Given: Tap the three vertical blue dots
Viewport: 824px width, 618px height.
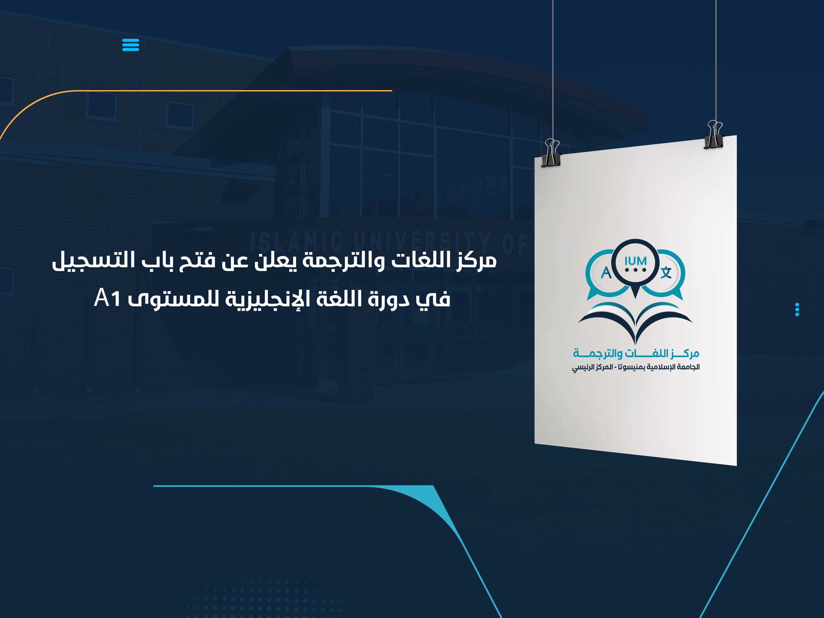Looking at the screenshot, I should coord(797,309).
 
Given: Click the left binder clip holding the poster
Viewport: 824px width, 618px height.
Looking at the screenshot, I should coord(552,153).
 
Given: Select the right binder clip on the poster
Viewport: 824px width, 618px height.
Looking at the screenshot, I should coord(714,135).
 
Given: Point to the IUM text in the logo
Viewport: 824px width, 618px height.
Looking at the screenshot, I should coord(636,261).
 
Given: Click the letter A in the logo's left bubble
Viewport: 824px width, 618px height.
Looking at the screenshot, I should coord(606,273).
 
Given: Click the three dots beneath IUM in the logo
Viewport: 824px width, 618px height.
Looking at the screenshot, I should coord(636,270).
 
